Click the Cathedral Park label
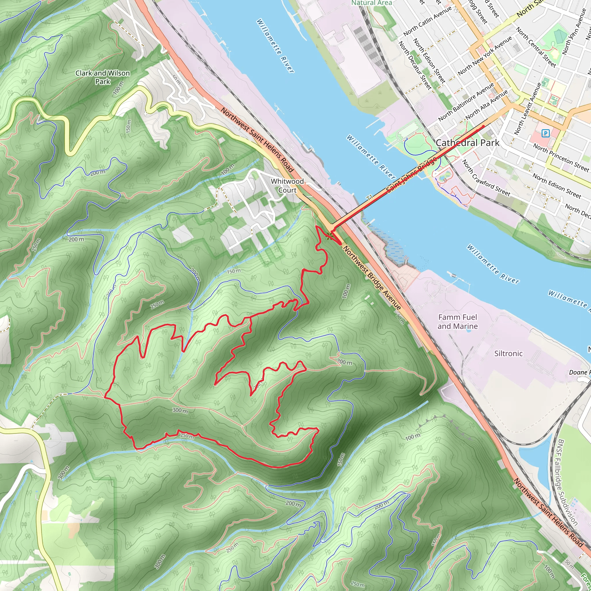467,143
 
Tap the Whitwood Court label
287,186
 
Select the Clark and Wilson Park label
102,77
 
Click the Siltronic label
508,354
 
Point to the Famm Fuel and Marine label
457,321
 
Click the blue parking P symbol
545,133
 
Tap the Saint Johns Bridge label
412,175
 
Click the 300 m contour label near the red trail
180,410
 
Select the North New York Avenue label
485,56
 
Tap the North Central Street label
536,47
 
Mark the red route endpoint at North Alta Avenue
483,126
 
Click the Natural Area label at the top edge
371,3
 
